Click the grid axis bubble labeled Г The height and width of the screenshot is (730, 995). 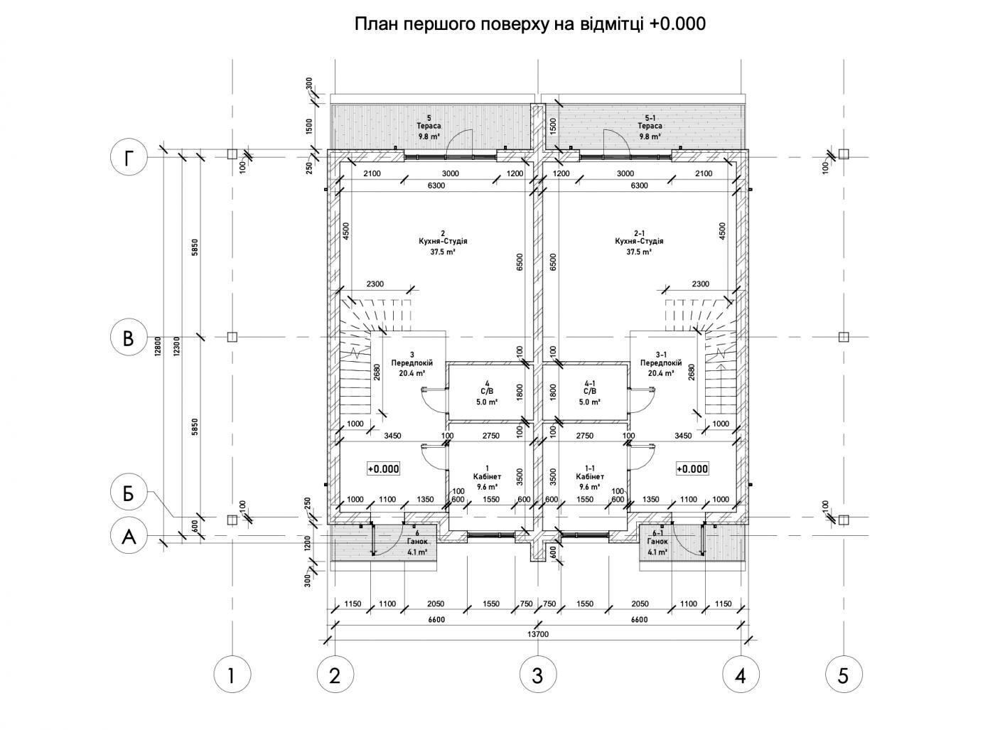[129, 157]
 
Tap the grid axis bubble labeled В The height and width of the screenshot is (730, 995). [129, 338]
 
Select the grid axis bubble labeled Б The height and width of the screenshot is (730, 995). [129, 493]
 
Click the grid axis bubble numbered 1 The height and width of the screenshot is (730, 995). [232, 676]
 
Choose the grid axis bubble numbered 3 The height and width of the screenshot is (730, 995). [537, 676]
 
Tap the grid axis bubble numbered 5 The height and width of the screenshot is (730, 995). [844, 676]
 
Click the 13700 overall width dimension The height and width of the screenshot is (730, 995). [538, 634]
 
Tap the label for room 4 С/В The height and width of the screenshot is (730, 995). [487, 393]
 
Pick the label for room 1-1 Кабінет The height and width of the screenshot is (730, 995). [590, 477]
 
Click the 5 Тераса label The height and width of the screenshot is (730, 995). [429, 127]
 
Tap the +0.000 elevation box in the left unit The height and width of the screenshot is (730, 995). [383, 468]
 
